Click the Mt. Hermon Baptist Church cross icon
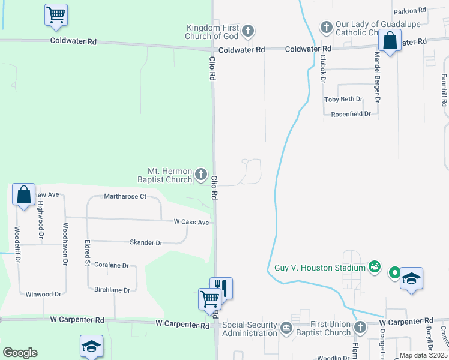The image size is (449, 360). [201, 175]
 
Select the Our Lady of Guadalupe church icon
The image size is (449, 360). [326, 27]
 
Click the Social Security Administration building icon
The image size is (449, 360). [286, 328]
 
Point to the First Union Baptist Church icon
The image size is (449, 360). [360, 328]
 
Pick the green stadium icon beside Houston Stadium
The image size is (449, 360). [375, 266]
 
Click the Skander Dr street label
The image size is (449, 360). [146, 243]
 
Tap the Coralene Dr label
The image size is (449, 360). [112, 265]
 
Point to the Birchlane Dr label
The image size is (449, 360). [112, 290]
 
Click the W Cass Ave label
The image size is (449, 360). [191, 223]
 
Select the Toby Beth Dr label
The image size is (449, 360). [343, 99]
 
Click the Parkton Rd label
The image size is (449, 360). [409, 11]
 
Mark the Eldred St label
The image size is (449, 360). [88, 254]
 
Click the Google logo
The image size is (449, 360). [20, 353]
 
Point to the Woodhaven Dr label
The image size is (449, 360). [65, 245]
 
